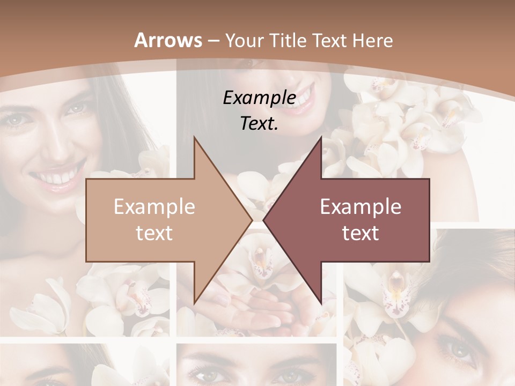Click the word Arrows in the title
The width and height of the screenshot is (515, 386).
[168, 40]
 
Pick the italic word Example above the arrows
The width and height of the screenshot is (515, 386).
[259, 98]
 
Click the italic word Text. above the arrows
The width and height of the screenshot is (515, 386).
[259, 123]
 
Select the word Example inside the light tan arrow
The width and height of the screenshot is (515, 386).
[154, 206]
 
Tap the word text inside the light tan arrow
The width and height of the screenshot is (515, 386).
[154, 233]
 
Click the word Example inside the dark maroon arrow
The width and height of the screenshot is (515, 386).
[360, 206]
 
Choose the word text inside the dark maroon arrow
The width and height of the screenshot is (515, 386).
[360, 233]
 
